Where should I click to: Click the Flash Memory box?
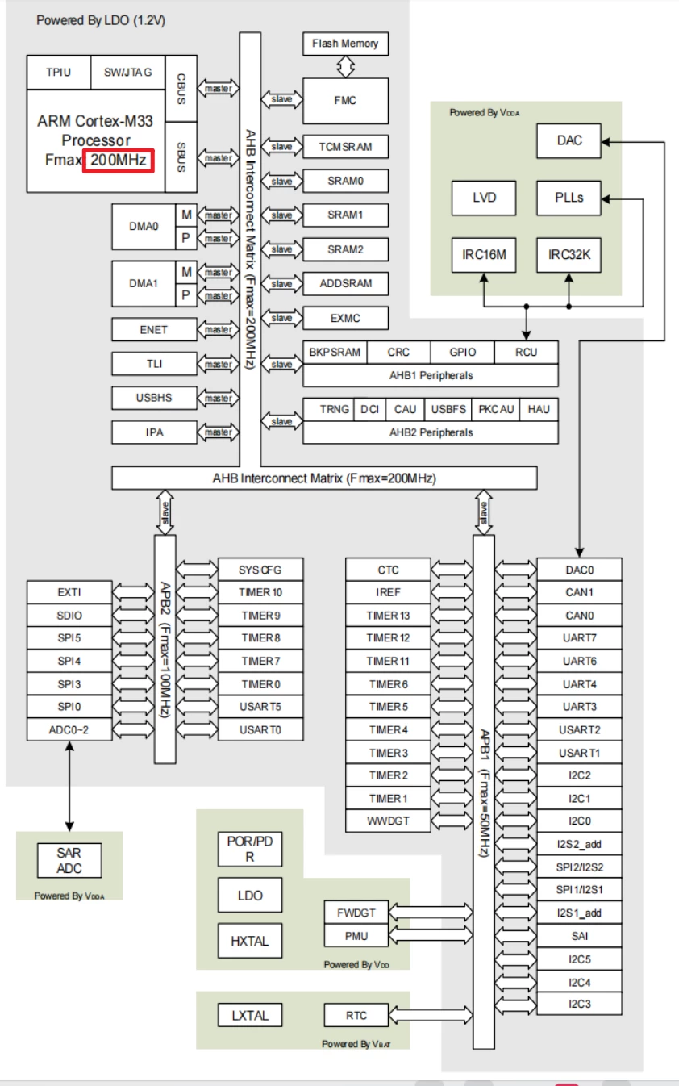point(344,44)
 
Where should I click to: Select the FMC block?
point(344,101)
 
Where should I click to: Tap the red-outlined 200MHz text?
point(118,161)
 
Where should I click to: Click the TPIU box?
point(59,72)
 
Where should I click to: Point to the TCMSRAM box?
point(346,147)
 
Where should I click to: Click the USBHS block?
point(154,398)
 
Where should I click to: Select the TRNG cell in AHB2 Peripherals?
point(335,409)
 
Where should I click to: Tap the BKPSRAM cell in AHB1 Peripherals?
point(335,353)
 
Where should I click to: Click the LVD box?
point(485,198)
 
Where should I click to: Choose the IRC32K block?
point(569,256)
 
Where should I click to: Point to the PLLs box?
point(569,198)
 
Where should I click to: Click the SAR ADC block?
point(69,861)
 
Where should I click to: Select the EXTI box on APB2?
point(69,592)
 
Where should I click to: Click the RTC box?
point(356,1015)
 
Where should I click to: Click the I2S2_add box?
point(579,845)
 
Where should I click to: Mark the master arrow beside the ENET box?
point(218,330)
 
